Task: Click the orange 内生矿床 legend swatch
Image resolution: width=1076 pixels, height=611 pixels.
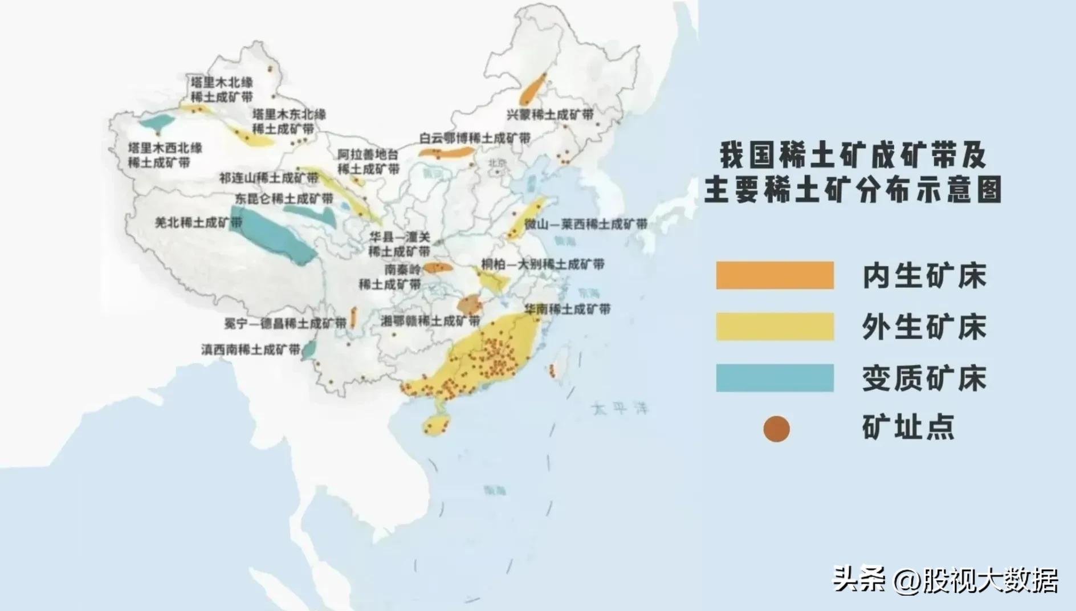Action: [775, 275]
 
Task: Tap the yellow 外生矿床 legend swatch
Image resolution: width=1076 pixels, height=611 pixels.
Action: [775, 327]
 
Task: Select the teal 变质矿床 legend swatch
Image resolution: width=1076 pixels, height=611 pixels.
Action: [775, 378]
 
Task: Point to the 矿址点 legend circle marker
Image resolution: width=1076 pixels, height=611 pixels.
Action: [776, 429]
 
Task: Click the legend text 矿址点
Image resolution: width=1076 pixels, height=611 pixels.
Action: [908, 427]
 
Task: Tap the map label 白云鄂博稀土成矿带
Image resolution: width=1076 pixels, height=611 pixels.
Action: [475, 138]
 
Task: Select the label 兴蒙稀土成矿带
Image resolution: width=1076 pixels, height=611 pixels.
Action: [550, 115]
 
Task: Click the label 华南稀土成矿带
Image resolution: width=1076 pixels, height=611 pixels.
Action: [567, 309]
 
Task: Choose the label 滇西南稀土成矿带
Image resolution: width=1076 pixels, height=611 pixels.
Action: [251, 349]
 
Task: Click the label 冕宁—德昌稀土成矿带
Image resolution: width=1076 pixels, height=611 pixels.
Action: [285, 323]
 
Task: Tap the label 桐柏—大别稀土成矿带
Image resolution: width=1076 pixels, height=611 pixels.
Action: [543, 264]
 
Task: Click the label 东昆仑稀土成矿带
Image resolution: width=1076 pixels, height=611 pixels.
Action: [284, 198]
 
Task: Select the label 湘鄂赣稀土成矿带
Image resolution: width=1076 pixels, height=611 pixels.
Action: [430, 321]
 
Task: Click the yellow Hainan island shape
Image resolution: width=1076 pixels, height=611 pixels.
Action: [437, 424]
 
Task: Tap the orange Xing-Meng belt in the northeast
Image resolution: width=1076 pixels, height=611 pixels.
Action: [533, 87]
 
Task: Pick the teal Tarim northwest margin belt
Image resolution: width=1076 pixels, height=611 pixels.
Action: [157, 122]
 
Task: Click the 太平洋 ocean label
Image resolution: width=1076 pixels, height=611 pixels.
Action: [620, 408]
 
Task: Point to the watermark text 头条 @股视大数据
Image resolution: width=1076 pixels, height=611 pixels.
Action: [945, 580]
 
